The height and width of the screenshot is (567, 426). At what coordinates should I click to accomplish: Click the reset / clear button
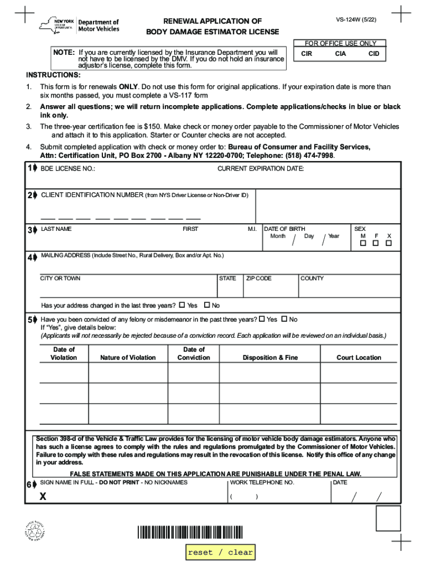220,552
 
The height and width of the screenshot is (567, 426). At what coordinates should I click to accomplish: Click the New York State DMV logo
79,24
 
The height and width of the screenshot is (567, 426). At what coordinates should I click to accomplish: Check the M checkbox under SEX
363,243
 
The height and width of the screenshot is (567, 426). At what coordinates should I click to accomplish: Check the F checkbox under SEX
376,243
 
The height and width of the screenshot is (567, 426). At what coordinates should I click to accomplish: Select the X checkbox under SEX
389,243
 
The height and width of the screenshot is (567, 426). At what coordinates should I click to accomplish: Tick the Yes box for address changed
182,305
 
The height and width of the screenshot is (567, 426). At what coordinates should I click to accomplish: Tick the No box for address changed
207,305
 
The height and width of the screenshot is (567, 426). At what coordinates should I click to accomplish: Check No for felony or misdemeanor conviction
284,319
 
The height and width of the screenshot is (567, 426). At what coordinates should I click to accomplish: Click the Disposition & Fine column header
270,358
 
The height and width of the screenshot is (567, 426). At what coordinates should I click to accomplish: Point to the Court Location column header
359,358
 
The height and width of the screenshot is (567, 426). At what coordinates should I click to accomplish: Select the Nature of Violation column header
128,358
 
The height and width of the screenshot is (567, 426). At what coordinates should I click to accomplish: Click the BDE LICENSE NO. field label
67,168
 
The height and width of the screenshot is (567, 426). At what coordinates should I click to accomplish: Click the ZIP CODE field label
259,279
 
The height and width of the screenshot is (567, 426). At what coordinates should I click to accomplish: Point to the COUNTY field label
312,279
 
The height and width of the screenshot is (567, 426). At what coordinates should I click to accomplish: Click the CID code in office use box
374,54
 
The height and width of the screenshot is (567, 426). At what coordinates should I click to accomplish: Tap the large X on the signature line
43,497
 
